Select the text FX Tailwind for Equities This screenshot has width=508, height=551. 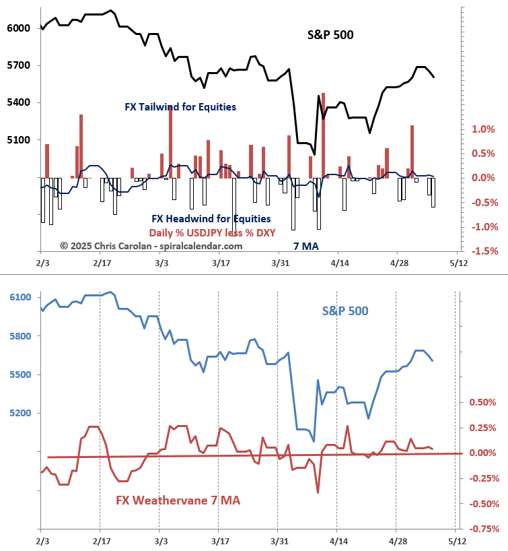click(x=180, y=107)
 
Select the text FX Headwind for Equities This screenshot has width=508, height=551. click(x=211, y=219)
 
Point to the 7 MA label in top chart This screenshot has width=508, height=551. click(x=306, y=247)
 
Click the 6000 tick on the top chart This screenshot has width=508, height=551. click(x=20, y=28)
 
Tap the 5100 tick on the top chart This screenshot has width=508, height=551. click(x=20, y=140)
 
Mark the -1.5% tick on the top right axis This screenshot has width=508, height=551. click(x=482, y=251)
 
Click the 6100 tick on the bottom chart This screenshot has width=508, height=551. click(x=20, y=297)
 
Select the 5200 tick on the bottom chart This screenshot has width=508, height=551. click(x=20, y=413)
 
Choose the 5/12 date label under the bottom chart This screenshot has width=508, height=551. click(x=456, y=540)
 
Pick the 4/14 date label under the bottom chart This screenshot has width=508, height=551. click(x=338, y=540)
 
